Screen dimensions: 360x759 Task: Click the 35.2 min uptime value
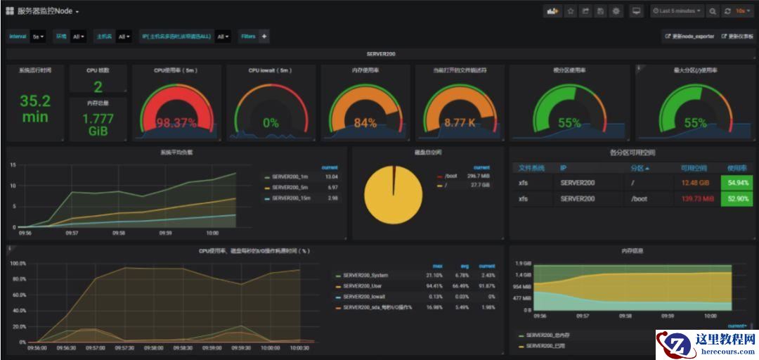point(35,109)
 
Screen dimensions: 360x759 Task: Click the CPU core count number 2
point(98,87)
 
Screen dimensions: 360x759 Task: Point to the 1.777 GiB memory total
point(98,124)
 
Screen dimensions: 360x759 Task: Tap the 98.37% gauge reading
point(176,123)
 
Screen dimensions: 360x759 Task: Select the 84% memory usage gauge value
point(365,123)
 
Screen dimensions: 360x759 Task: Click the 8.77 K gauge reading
point(460,123)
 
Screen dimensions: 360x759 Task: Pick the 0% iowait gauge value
point(271,123)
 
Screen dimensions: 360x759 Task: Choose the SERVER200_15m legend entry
point(290,198)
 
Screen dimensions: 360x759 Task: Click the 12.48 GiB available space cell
point(696,183)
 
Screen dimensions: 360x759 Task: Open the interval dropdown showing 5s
point(38,37)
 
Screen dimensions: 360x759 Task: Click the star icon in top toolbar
point(570,11)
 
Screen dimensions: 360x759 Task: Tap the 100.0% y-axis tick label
point(18,264)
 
